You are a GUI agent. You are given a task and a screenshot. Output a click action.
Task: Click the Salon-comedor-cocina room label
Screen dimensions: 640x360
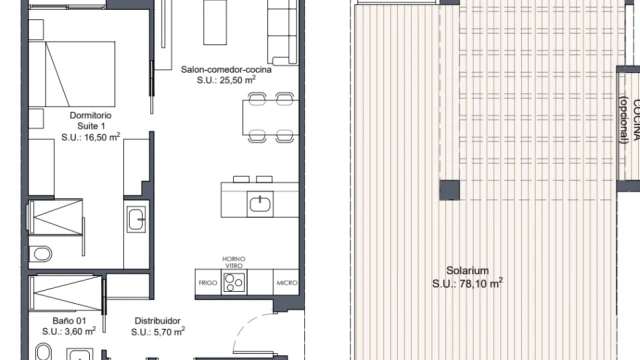[x=226, y=69]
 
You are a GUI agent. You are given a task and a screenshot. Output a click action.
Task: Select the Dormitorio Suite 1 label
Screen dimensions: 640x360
[x=91, y=120]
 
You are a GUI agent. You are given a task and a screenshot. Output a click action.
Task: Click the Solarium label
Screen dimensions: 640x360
[x=467, y=270]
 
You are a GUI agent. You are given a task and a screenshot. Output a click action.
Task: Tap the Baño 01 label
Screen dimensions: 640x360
[x=69, y=321]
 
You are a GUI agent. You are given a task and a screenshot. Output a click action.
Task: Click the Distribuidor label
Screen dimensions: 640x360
[x=158, y=321]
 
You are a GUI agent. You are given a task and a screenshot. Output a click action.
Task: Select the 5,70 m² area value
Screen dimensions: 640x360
[x=169, y=331]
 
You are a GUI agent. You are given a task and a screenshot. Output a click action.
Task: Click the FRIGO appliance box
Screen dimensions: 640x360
[x=208, y=282]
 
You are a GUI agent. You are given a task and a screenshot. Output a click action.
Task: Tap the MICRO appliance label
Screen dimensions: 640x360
[x=287, y=282]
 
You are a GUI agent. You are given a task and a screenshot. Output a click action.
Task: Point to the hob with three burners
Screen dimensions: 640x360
[x=234, y=282]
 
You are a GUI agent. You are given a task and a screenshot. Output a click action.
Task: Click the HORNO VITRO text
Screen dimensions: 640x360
[x=234, y=262]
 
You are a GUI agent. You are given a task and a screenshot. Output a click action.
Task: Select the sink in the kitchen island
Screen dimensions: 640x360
[x=260, y=204]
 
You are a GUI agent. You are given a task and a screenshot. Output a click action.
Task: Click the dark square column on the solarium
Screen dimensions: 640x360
[x=450, y=190]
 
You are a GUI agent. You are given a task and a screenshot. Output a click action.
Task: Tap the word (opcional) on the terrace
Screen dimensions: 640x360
[x=623, y=120]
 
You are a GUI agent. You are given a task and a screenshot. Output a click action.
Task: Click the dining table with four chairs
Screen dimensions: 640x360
[x=270, y=118]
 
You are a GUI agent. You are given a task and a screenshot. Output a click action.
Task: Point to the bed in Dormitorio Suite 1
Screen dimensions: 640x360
[x=72, y=74]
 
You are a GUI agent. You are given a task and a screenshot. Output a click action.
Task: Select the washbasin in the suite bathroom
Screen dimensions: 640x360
[x=136, y=219]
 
